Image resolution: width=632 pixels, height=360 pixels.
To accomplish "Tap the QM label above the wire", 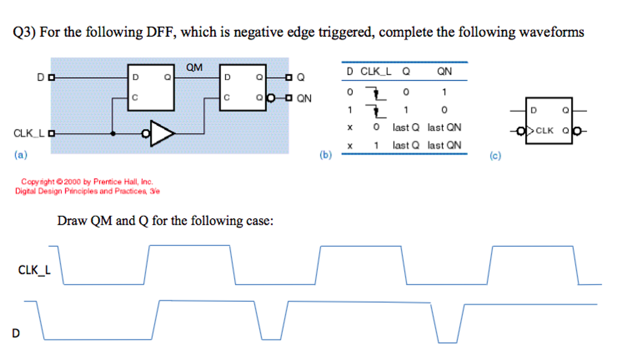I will [x=194, y=68].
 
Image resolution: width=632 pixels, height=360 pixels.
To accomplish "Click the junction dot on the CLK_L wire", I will [x=113, y=134].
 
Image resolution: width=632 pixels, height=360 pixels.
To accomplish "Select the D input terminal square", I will [x=52, y=77].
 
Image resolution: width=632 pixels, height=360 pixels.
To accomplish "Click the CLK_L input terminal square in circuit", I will [x=52, y=133].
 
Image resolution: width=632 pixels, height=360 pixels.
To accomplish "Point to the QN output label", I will [x=304, y=98].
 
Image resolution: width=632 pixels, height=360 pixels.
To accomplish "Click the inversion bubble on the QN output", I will [x=271, y=98].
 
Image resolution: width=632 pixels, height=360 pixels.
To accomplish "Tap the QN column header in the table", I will [x=444, y=72].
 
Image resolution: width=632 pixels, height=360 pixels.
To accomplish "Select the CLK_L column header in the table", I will [x=376, y=72].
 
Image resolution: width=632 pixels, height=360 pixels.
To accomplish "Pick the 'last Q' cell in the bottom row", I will [x=406, y=145].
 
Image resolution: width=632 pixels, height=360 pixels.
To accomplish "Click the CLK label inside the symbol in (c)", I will [x=544, y=131].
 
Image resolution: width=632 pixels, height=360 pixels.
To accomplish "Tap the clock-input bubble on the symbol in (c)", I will [x=520, y=131].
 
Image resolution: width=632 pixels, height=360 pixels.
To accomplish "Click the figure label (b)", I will [x=326, y=155].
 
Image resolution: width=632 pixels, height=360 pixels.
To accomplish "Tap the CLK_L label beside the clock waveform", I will [x=34, y=270].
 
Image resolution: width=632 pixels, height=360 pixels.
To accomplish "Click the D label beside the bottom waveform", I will [x=16, y=333].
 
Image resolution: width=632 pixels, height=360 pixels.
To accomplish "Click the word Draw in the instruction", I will [x=72, y=221].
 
